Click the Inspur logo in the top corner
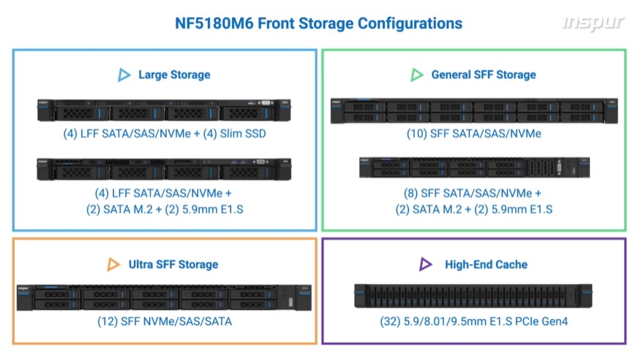pyautogui.click(x=593, y=23)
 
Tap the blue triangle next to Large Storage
pyautogui.click(x=124, y=75)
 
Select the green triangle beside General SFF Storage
pyautogui.click(x=417, y=75)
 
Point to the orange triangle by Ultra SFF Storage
pyautogui.click(x=113, y=264)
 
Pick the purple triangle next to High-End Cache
pyautogui.click(x=426, y=264)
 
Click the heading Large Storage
pyautogui.click(x=174, y=75)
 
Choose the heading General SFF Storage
pyautogui.click(x=483, y=75)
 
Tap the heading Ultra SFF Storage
pyautogui.click(x=173, y=264)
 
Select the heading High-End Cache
pyautogui.click(x=486, y=264)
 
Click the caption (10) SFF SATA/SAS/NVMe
pyautogui.click(x=474, y=134)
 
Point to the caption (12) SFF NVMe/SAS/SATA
pyautogui.click(x=165, y=320)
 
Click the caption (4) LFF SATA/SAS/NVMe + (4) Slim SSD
pyautogui.click(x=164, y=135)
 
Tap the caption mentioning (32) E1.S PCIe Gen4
pyautogui.click(x=474, y=320)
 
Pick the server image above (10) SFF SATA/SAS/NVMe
pyautogui.click(x=474, y=110)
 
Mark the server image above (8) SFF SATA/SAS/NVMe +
pyautogui.click(x=474, y=168)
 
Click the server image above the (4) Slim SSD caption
pyautogui.click(x=164, y=110)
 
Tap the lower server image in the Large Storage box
pyautogui.click(x=164, y=168)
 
